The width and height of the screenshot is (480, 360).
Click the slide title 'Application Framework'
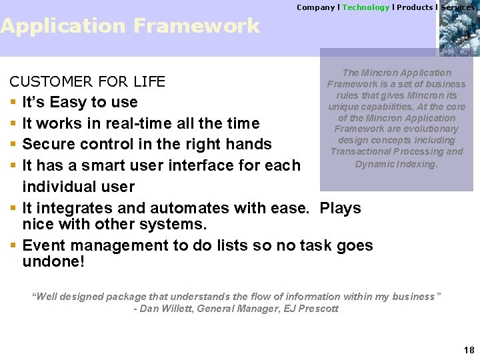(130, 26)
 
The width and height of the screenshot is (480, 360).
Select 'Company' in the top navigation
(315, 7)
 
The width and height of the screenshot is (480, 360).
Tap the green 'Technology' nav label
(365, 7)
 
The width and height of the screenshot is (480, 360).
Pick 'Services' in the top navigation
(457, 7)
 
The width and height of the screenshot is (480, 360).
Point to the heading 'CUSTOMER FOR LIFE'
(87, 82)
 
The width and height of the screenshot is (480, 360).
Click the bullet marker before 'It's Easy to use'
(13, 103)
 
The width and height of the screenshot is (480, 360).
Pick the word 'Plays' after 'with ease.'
(340, 208)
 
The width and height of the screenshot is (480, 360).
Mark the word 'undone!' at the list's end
(53, 261)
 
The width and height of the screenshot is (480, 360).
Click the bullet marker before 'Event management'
(13, 246)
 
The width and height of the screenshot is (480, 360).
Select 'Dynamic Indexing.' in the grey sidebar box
(396, 163)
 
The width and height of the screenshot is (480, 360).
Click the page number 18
(469, 350)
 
